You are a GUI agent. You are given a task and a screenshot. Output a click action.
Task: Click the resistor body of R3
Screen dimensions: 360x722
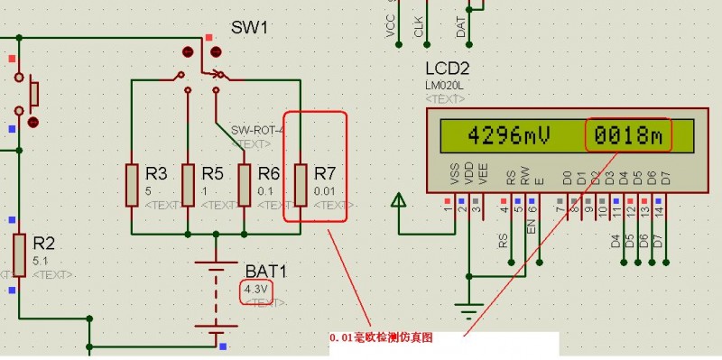[x=132, y=185]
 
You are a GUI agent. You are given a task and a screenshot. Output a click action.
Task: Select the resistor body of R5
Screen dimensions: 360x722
[x=188, y=185]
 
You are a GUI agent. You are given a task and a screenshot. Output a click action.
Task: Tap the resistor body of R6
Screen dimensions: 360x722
[x=244, y=185]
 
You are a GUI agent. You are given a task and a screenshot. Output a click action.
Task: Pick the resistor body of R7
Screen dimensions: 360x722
[x=301, y=185]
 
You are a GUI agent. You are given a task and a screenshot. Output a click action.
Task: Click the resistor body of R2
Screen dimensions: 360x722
[x=19, y=254]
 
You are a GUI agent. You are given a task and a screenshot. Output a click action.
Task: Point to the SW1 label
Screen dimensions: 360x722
[x=250, y=28]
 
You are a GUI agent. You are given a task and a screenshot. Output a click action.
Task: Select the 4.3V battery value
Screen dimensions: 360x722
[x=256, y=291]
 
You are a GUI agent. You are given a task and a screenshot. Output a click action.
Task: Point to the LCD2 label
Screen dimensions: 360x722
[x=449, y=69]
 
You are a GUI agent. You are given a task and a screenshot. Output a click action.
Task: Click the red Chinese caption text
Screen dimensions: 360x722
[x=381, y=337]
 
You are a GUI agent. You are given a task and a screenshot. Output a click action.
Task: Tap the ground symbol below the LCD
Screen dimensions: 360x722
[x=467, y=312]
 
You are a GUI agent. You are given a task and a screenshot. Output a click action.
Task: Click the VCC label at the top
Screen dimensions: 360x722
[x=391, y=28]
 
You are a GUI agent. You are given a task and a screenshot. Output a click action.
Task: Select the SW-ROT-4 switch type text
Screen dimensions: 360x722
[x=256, y=131]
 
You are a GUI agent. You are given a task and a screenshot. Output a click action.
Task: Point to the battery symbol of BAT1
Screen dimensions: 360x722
[x=216, y=298]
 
